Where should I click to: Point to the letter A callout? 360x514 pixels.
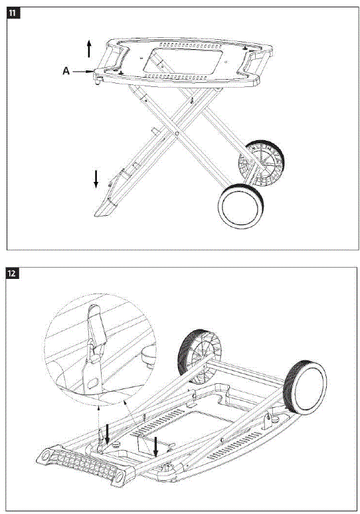click(x=66, y=69)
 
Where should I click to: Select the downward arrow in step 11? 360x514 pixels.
click(x=96, y=177)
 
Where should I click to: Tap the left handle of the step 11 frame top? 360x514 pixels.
click(x=112, y=59)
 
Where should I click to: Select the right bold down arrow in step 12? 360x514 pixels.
click(x=155, y=446)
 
